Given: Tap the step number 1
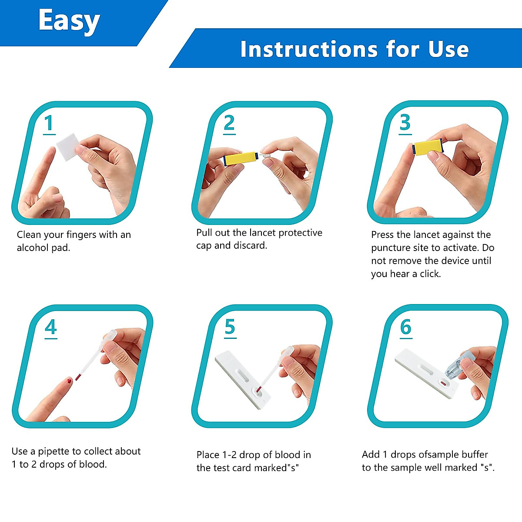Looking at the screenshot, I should click(49, 123).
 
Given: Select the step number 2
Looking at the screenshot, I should click(229, 123).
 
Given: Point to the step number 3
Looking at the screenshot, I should click(405, 123).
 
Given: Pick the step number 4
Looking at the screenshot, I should click(51, 327).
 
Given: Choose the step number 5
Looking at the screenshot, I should click(230, 327).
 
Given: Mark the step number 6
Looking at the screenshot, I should click(405, 327).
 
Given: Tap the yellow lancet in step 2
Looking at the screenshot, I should click(240, 159).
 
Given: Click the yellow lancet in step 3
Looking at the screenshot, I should click(427, 147).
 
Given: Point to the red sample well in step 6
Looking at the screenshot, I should click(443, 384).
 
